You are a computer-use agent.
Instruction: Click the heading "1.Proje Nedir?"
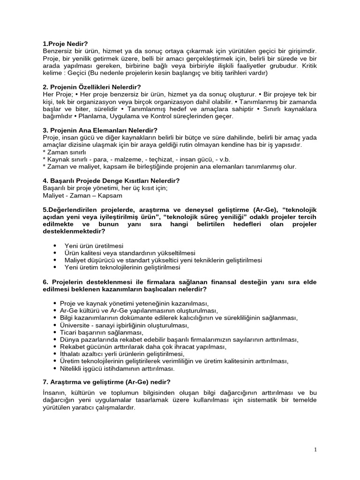[65, 44]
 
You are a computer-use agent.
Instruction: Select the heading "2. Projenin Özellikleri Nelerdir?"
[91, 87]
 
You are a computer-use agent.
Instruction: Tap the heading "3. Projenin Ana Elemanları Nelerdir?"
[100, 130]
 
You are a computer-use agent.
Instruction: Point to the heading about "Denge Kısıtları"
[111, 180]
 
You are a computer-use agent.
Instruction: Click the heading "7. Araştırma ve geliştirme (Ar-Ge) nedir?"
[106, 381]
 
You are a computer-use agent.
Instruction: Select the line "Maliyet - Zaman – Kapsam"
[82, 195]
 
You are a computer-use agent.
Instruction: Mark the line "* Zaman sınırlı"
[64, 152]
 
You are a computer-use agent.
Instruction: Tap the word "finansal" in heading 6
[215, 282]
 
